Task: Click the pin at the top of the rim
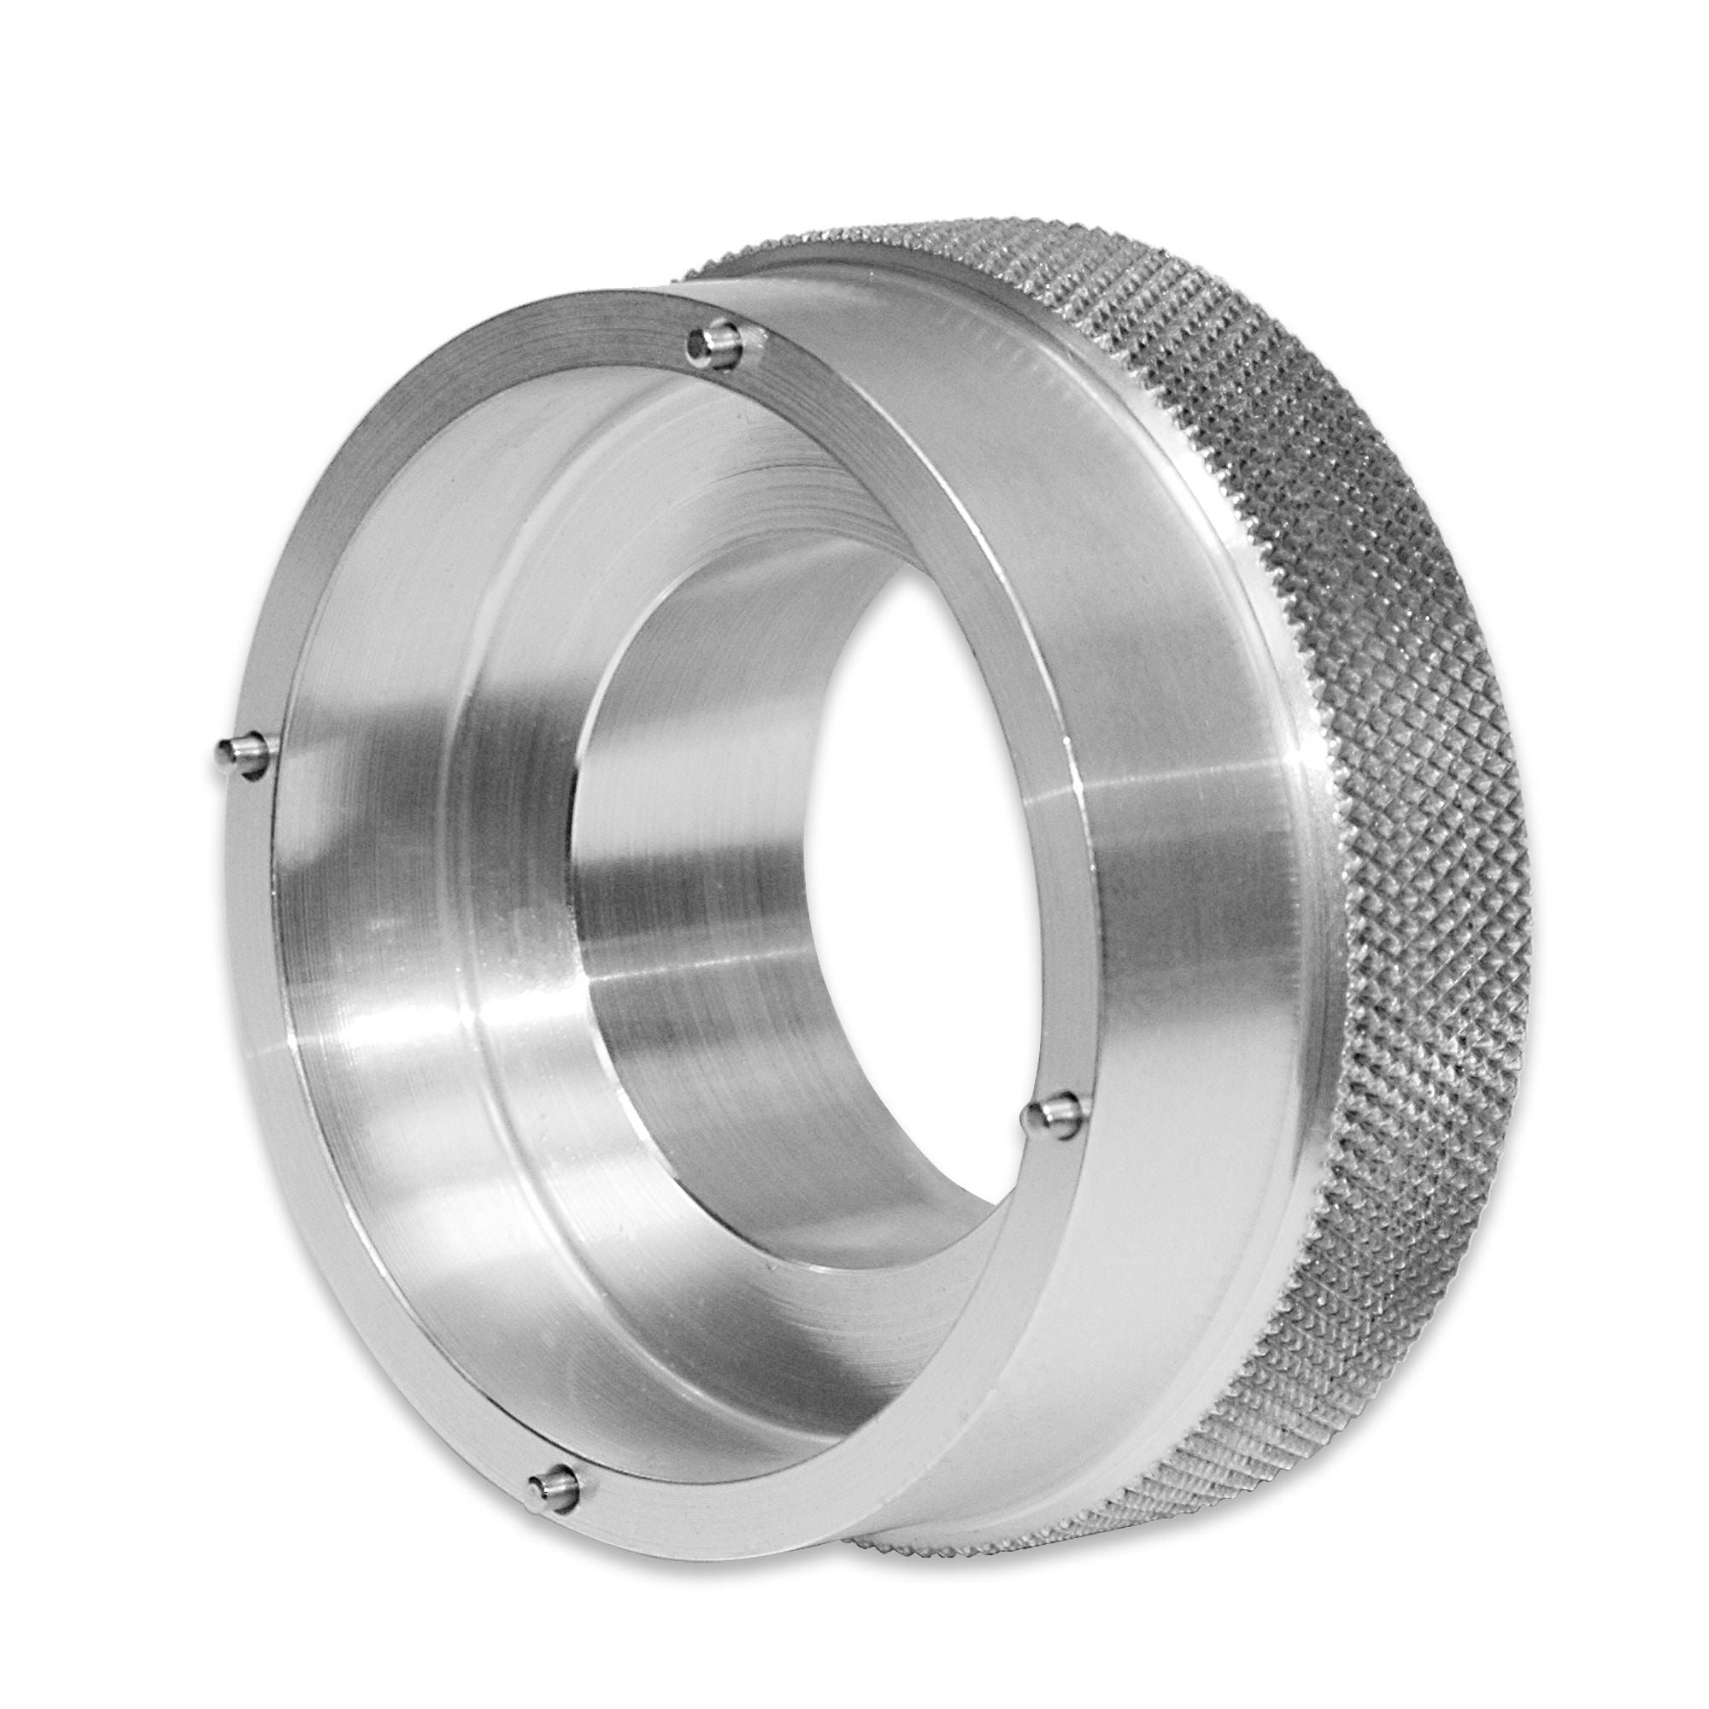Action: (x=718, y=345)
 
